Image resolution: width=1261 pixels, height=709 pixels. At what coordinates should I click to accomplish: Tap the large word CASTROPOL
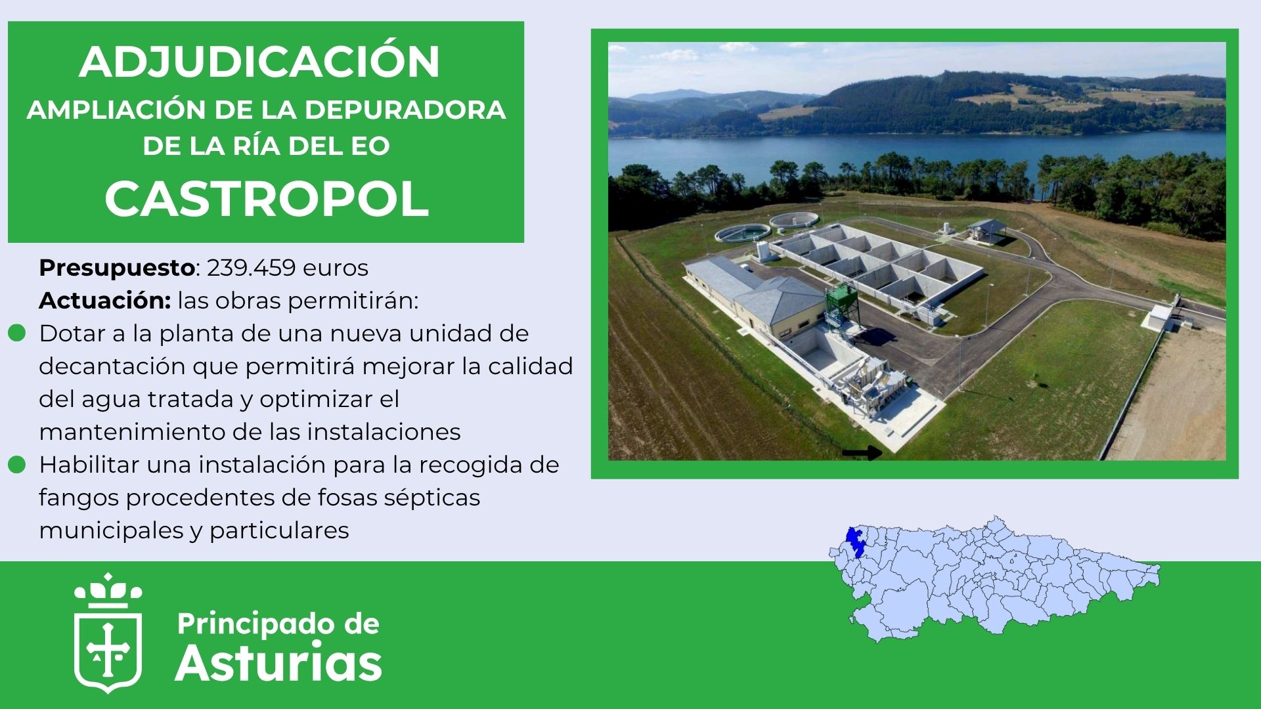[x=267, y=198]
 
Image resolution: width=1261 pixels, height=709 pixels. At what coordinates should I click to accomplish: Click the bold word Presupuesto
[x=117, y=269]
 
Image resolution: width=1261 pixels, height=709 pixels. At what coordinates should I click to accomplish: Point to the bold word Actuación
[x=104, y=301]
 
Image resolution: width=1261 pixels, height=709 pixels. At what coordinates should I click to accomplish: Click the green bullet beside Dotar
[x=16, y=333]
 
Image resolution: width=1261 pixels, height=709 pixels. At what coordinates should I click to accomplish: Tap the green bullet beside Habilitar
[x=16, y=465]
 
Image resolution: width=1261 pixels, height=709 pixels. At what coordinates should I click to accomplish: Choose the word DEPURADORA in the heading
[x=405, y=110]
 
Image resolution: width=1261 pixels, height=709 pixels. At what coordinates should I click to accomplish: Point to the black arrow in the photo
[x=862, y=452]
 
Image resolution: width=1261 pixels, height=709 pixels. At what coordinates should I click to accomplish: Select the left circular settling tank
[x=742, y=232]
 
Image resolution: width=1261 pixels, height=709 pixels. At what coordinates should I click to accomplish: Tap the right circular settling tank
[x=795, y=220]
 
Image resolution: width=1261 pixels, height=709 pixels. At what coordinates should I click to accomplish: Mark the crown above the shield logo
[x=108, y=591]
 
